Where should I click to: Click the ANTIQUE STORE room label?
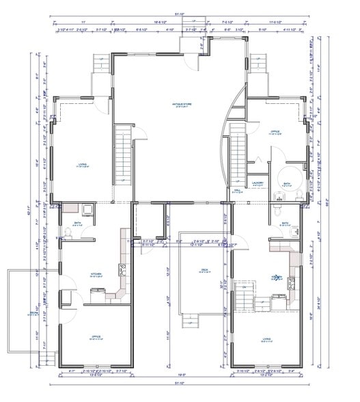[182, 105]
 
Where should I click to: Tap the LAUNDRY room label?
[258, 183]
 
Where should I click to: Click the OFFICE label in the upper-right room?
[275, 132]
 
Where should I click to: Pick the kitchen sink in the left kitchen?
[124, 269]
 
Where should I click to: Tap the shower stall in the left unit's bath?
[87, 210]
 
